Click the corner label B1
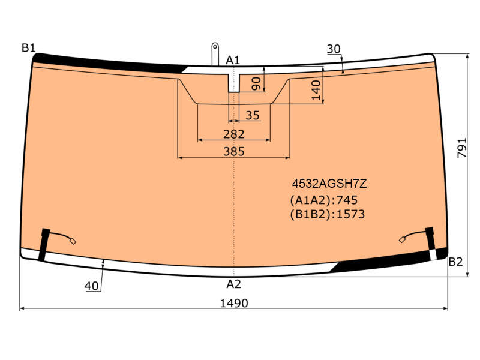28,48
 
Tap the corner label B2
455,262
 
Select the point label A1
233,60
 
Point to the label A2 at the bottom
233,284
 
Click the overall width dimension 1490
234,303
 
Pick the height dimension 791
462,148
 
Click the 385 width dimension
234,151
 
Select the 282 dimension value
234,134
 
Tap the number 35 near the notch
253,115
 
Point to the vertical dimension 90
256,84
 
